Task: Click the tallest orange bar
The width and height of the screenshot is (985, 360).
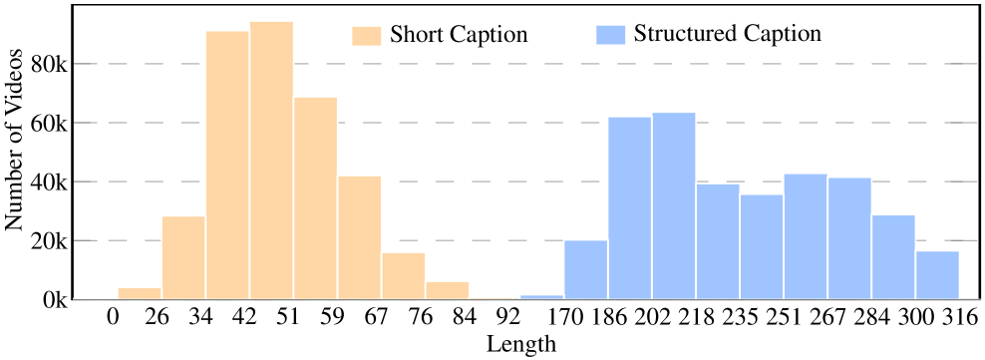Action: click(271, 160)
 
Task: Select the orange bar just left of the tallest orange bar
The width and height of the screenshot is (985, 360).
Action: click(227, 165)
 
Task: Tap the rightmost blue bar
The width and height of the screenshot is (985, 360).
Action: click(938, 274)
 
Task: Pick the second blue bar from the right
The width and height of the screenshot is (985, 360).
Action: click(894, 256)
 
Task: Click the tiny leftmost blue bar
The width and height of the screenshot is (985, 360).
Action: click(541, 296)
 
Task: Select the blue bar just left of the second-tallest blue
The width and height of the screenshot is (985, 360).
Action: click(585, 269)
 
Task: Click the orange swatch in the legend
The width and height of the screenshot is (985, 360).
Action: click(366, 36)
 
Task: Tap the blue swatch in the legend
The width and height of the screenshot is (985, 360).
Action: click(610, 35)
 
